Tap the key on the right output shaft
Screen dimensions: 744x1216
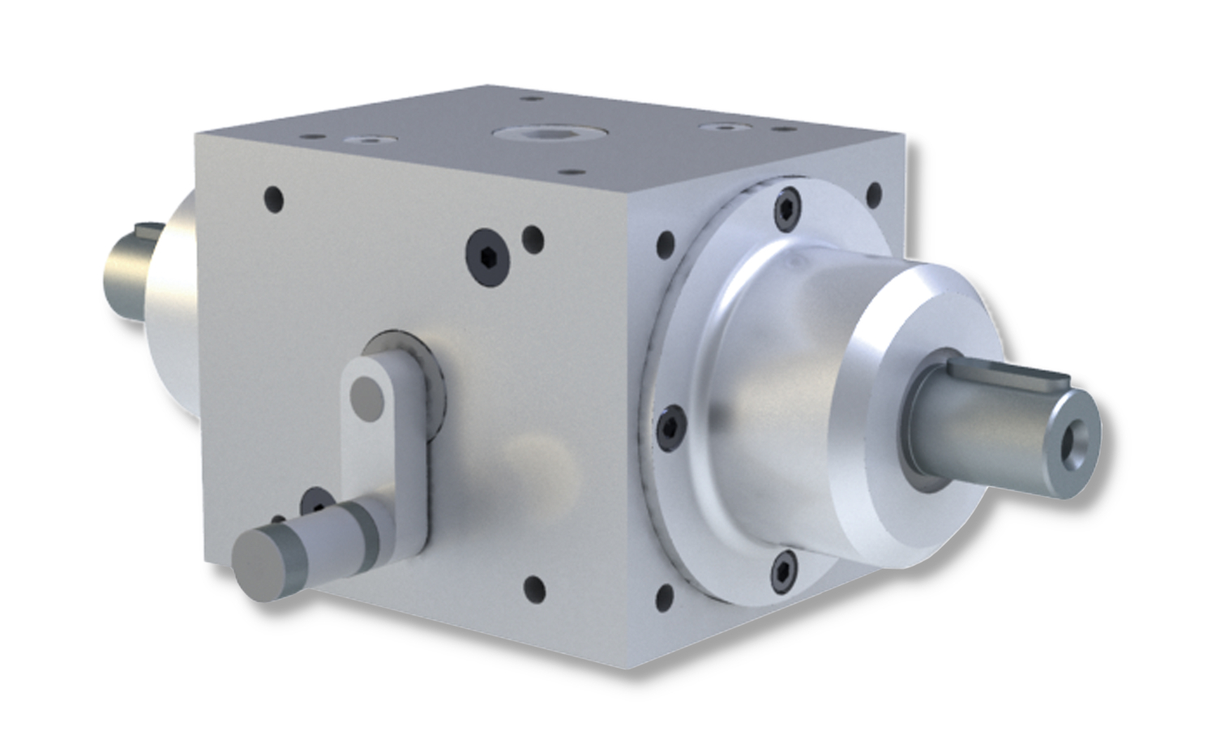point(1028,376)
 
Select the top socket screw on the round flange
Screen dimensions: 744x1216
point(785,209)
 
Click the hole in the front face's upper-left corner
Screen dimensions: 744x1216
point(275,197)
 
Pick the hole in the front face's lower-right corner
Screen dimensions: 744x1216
point(534,586)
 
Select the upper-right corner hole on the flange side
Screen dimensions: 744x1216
point(874,195)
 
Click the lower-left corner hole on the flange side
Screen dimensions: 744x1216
point(664,598)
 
